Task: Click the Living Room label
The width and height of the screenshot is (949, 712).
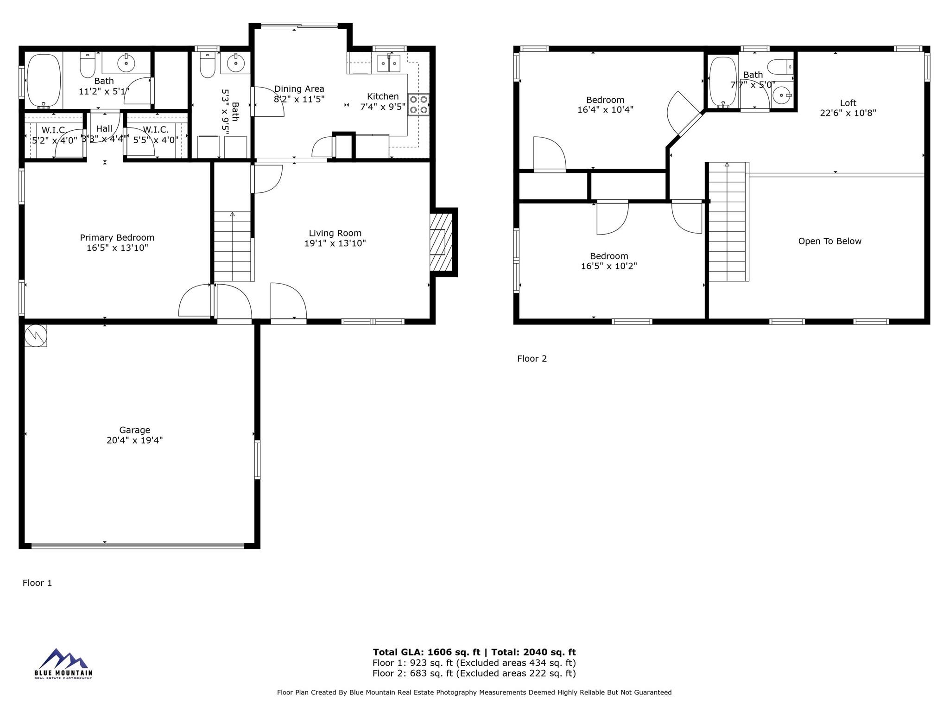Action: (335, 233)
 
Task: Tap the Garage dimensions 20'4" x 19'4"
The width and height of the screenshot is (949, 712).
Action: (134, 440)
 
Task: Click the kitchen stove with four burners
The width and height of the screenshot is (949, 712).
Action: (418, 104)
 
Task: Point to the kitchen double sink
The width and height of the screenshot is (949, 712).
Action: (388, 63)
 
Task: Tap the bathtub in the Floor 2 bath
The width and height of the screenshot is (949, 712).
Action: (723, 82)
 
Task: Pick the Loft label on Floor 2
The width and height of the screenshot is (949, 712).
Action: (848, 103)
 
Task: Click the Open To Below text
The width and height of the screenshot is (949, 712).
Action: (829, 241)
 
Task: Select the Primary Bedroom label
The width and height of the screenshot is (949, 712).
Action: (117, 238)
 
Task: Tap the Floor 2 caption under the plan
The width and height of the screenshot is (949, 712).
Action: (532, 359)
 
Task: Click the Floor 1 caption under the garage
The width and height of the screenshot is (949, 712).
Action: (37, 583)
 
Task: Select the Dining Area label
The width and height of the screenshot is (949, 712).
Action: (299, 89)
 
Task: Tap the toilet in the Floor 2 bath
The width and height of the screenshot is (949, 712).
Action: (780, 67)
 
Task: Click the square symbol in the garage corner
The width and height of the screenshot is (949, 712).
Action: (36, 335)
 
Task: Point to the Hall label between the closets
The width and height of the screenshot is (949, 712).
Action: (104, 129)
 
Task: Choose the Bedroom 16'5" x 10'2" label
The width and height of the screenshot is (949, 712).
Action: (609, 261)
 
